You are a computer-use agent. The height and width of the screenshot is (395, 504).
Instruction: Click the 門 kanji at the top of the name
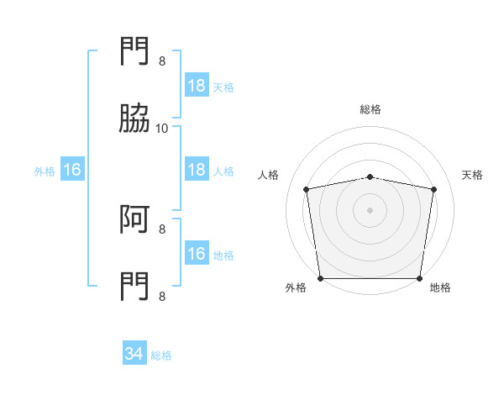[x=134, y=50]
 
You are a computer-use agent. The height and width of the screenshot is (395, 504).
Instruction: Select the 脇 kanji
[x=134, y=118]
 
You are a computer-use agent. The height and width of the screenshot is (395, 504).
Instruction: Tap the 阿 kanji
[x=134, y=219]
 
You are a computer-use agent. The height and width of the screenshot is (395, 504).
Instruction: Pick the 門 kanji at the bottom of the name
[x=134, y=287]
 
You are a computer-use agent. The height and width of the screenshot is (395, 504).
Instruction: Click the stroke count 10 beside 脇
[x=161, y=129]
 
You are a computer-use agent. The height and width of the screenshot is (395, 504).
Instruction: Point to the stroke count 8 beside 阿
[x=162, y=229]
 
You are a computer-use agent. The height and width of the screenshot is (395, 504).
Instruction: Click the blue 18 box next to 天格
[x=197, y=85]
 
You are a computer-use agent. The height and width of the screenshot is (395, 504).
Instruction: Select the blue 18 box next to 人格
[x=197, y=169]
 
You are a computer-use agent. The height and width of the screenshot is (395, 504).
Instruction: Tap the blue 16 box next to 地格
[x=197, y=252]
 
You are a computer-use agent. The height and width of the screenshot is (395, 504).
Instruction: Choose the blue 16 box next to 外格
[x=72, y=169]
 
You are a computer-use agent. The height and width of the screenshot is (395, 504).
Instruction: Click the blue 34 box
[x=134, y=352]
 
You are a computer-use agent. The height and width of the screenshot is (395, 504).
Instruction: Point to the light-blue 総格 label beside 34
[x=161, y=355]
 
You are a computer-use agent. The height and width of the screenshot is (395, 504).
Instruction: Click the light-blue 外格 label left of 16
[x=45, y=171]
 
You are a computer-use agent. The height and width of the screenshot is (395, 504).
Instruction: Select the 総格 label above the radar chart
[x=370, y=109]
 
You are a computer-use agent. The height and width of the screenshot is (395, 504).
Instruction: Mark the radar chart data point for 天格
[x=434, y=189]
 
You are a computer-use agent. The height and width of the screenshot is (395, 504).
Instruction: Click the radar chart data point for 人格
[x=306, y=189]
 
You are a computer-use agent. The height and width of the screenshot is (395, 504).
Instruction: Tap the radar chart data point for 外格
[x=321, y=278]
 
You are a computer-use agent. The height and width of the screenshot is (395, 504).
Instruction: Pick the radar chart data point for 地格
[x=419, y=278]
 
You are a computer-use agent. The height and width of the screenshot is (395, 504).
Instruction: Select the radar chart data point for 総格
[x=370, y=177]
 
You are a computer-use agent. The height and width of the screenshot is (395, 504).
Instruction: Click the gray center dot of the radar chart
[x=370, y=210]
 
